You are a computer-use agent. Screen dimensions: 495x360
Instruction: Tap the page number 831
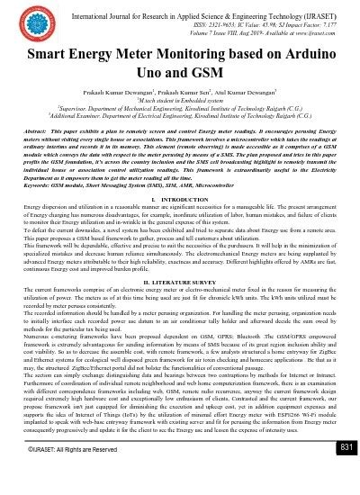342,472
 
